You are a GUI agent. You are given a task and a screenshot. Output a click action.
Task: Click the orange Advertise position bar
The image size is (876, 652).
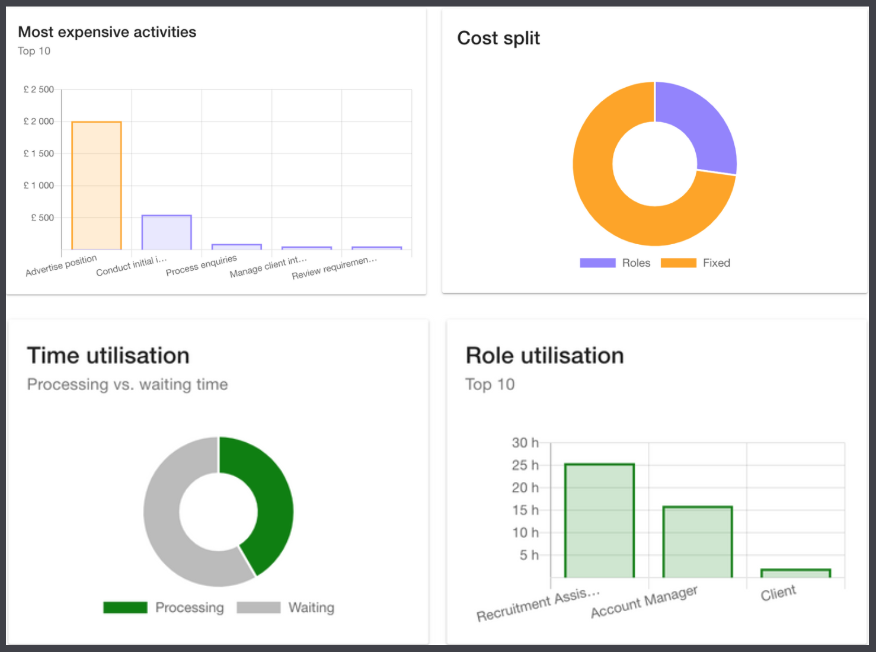(x=97, y=186)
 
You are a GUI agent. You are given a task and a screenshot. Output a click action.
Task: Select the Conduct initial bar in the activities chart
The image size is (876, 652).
(x=167, y=232)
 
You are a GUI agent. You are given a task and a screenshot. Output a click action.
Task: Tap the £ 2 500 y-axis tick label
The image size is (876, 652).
(x=39, y=90)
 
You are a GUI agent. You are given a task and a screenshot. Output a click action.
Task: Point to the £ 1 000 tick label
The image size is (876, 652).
(x=39, y=186)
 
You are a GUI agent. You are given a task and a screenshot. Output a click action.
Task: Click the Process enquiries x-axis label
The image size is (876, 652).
(x=201, y=266)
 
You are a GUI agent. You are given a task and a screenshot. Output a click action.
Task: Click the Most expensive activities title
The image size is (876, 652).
(x=107, y=32)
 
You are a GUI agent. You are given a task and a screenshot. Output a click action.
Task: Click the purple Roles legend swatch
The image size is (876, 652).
(x=597, y=263)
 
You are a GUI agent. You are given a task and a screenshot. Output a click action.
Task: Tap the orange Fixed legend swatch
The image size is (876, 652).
(x=678, y=263)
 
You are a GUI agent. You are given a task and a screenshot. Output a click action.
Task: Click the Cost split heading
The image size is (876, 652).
(x=498, y=39)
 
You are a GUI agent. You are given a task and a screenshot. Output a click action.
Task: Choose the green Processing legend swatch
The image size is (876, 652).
(x=125, y=608)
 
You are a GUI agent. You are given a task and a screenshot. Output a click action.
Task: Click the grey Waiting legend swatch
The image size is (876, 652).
(x=258, y=608)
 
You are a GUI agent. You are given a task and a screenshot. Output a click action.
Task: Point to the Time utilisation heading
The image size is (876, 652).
(x=108, y=356)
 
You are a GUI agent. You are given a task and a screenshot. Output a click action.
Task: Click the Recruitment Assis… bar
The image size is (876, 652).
(x=599, y=520)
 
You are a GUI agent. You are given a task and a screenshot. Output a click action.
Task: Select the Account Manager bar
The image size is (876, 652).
(x=698, y=542)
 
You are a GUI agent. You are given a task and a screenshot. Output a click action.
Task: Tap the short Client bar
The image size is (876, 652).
(x=795, y=573)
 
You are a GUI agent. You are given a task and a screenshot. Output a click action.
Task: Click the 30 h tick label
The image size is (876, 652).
(x=525, y=443)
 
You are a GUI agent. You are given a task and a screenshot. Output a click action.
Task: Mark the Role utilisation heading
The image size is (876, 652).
(x=545, y=356)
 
